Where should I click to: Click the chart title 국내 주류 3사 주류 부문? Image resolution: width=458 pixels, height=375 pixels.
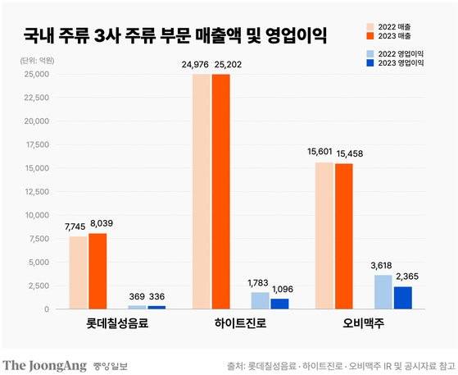[175, 36]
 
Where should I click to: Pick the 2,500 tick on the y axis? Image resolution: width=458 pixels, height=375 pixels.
[36, 286]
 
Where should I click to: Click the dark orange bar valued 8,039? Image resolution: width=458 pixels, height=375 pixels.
[97, 272]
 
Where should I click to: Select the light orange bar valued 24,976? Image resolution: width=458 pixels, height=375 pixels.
[202, 191]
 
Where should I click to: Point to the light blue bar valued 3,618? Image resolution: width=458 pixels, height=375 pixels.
[383, 292]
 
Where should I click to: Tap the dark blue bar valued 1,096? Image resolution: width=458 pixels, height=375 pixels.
[280, 304]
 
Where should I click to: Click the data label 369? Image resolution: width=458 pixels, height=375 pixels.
[138, 296]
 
